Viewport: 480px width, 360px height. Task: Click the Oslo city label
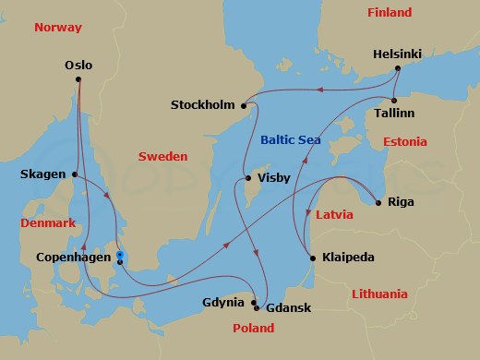click(79, 66)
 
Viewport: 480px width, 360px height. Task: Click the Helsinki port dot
click(397, 68)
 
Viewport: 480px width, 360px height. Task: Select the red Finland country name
click(390, 13)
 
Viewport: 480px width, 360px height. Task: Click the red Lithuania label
click(379, 294)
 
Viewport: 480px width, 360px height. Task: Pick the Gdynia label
click(224, 302)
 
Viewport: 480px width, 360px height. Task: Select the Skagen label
click(42, 174)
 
